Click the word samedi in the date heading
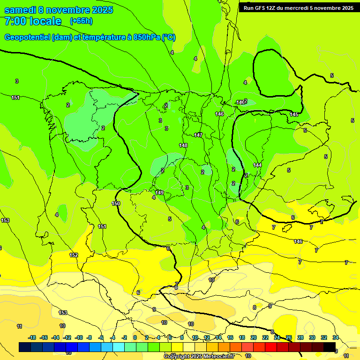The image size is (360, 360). pos(22,10)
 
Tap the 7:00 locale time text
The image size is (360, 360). pos(33,21)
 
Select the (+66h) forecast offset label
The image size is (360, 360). pos(81,21)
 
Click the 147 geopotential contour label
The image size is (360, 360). pos(198,135)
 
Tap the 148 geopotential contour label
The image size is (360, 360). pos(183,145)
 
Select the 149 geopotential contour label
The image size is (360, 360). pos(159,193)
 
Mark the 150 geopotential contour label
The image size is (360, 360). pos(116,203)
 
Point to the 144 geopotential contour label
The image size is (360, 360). pos(257,165)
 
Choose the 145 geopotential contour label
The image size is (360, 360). pos(294,114)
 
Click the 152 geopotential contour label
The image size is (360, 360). pos(74,255)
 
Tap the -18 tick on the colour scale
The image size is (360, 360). pos(32,337)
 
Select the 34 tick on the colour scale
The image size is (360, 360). pos(336,337)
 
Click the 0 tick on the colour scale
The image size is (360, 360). pos(135,337)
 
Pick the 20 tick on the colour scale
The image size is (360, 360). pos(253,337)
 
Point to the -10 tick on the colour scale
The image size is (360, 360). pos(79,337)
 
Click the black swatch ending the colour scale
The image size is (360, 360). pos(330,347)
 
